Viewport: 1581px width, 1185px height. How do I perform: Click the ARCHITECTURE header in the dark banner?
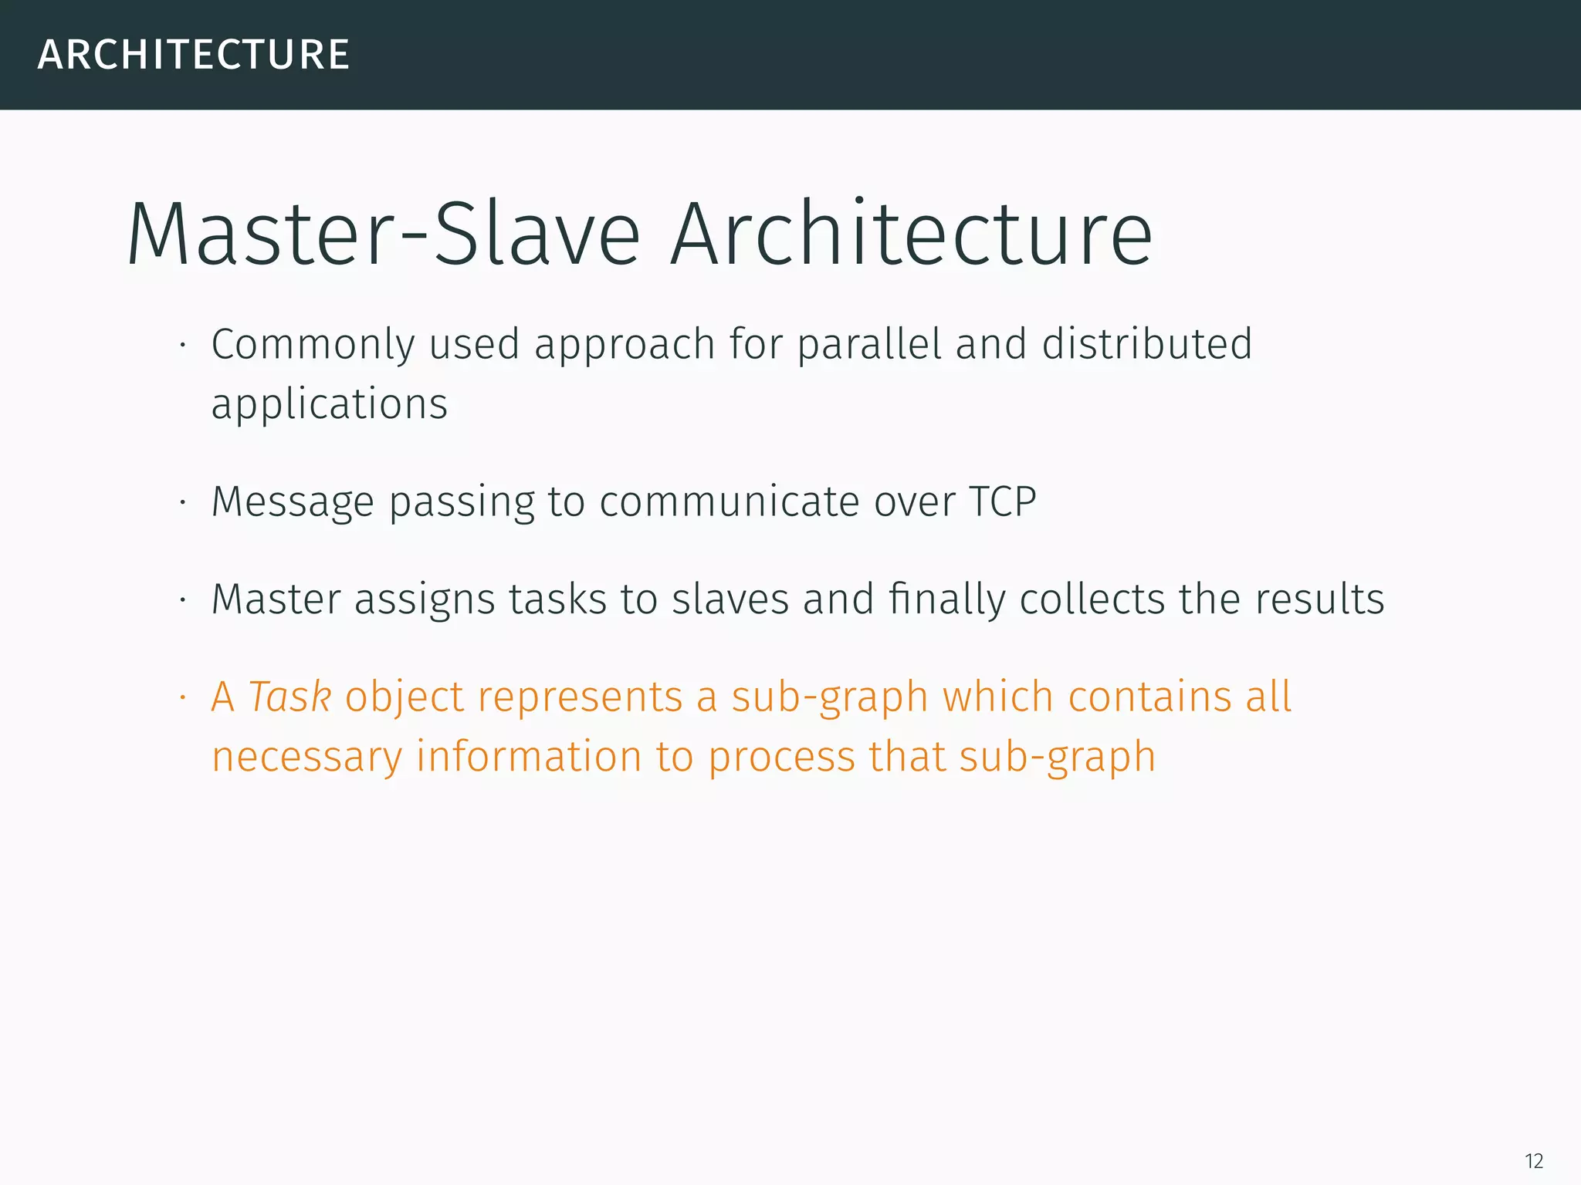(x=194, y=55)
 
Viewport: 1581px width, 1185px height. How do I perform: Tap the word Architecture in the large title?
(x=912, y=234)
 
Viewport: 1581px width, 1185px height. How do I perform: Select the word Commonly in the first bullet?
(x=313, y=344)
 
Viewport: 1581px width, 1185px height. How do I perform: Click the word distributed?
(x=1146, y=344)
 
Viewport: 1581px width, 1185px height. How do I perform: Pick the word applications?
(x=330, y=404)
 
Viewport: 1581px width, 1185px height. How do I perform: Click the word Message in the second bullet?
(x=293, y=502)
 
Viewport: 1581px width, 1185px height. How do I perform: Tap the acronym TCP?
(x=1002, y=502)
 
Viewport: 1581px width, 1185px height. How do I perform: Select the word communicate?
(x=730, y=502)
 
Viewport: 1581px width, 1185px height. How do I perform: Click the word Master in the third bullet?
(x=276, y=599)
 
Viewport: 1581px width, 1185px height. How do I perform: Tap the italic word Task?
(x=289, y=697)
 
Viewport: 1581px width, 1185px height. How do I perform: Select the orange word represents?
(x=580, y=697)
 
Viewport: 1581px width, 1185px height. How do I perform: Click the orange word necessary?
(x=307, y=757)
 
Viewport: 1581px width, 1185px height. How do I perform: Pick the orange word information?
(x=529, y=757)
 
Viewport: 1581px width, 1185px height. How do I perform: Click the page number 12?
(x=1534, y=1161)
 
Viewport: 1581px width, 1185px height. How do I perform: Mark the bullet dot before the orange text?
(x=183, y=697)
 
